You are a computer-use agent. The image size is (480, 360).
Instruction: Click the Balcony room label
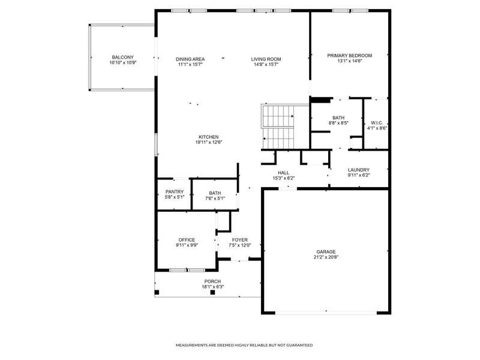click(x=123, y=57)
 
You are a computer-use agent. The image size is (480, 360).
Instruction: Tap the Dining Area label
click(x=190, y=59)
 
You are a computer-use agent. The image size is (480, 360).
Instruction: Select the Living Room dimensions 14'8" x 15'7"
click(x=266, y=65)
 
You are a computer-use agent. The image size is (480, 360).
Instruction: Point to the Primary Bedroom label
click(x=350, y=55)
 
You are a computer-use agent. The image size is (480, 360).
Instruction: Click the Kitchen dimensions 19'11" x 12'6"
click(x=209, y=142)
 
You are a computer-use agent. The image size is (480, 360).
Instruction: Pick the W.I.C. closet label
click(x=377, y=123)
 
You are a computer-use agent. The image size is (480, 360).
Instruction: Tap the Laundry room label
click(x=359, y=170)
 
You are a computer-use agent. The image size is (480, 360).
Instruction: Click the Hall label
click(x=283, y=173)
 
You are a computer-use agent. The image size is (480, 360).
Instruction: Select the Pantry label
click(x=175, y=192)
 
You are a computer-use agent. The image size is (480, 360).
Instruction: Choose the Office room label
click(x=187, y=240)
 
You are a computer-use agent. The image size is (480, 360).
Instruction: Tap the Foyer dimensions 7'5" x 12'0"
click(x=240, y=245)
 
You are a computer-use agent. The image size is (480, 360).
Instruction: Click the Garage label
click(x=326, y=252)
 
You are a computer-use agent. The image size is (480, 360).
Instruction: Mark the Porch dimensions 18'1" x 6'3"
click(x=213, y=287)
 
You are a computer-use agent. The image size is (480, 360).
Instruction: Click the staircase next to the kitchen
click(x=278, y=127)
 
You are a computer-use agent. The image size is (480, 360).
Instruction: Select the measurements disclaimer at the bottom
click(x=244, y=346)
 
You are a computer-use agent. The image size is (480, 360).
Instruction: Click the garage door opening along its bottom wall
click(x=326, y=313)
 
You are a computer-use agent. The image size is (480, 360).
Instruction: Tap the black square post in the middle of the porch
click(x=212, y=292)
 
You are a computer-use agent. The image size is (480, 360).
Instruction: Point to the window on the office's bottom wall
click(x=187, y=270)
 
